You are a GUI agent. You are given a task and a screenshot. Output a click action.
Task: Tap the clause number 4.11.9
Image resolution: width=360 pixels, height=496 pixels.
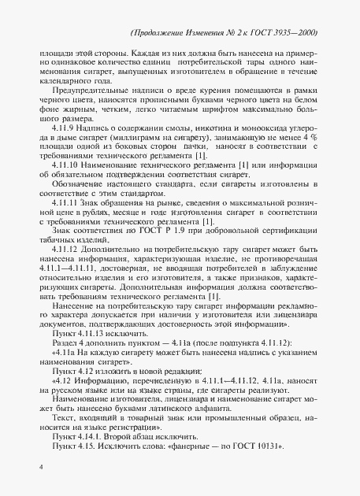64,149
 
